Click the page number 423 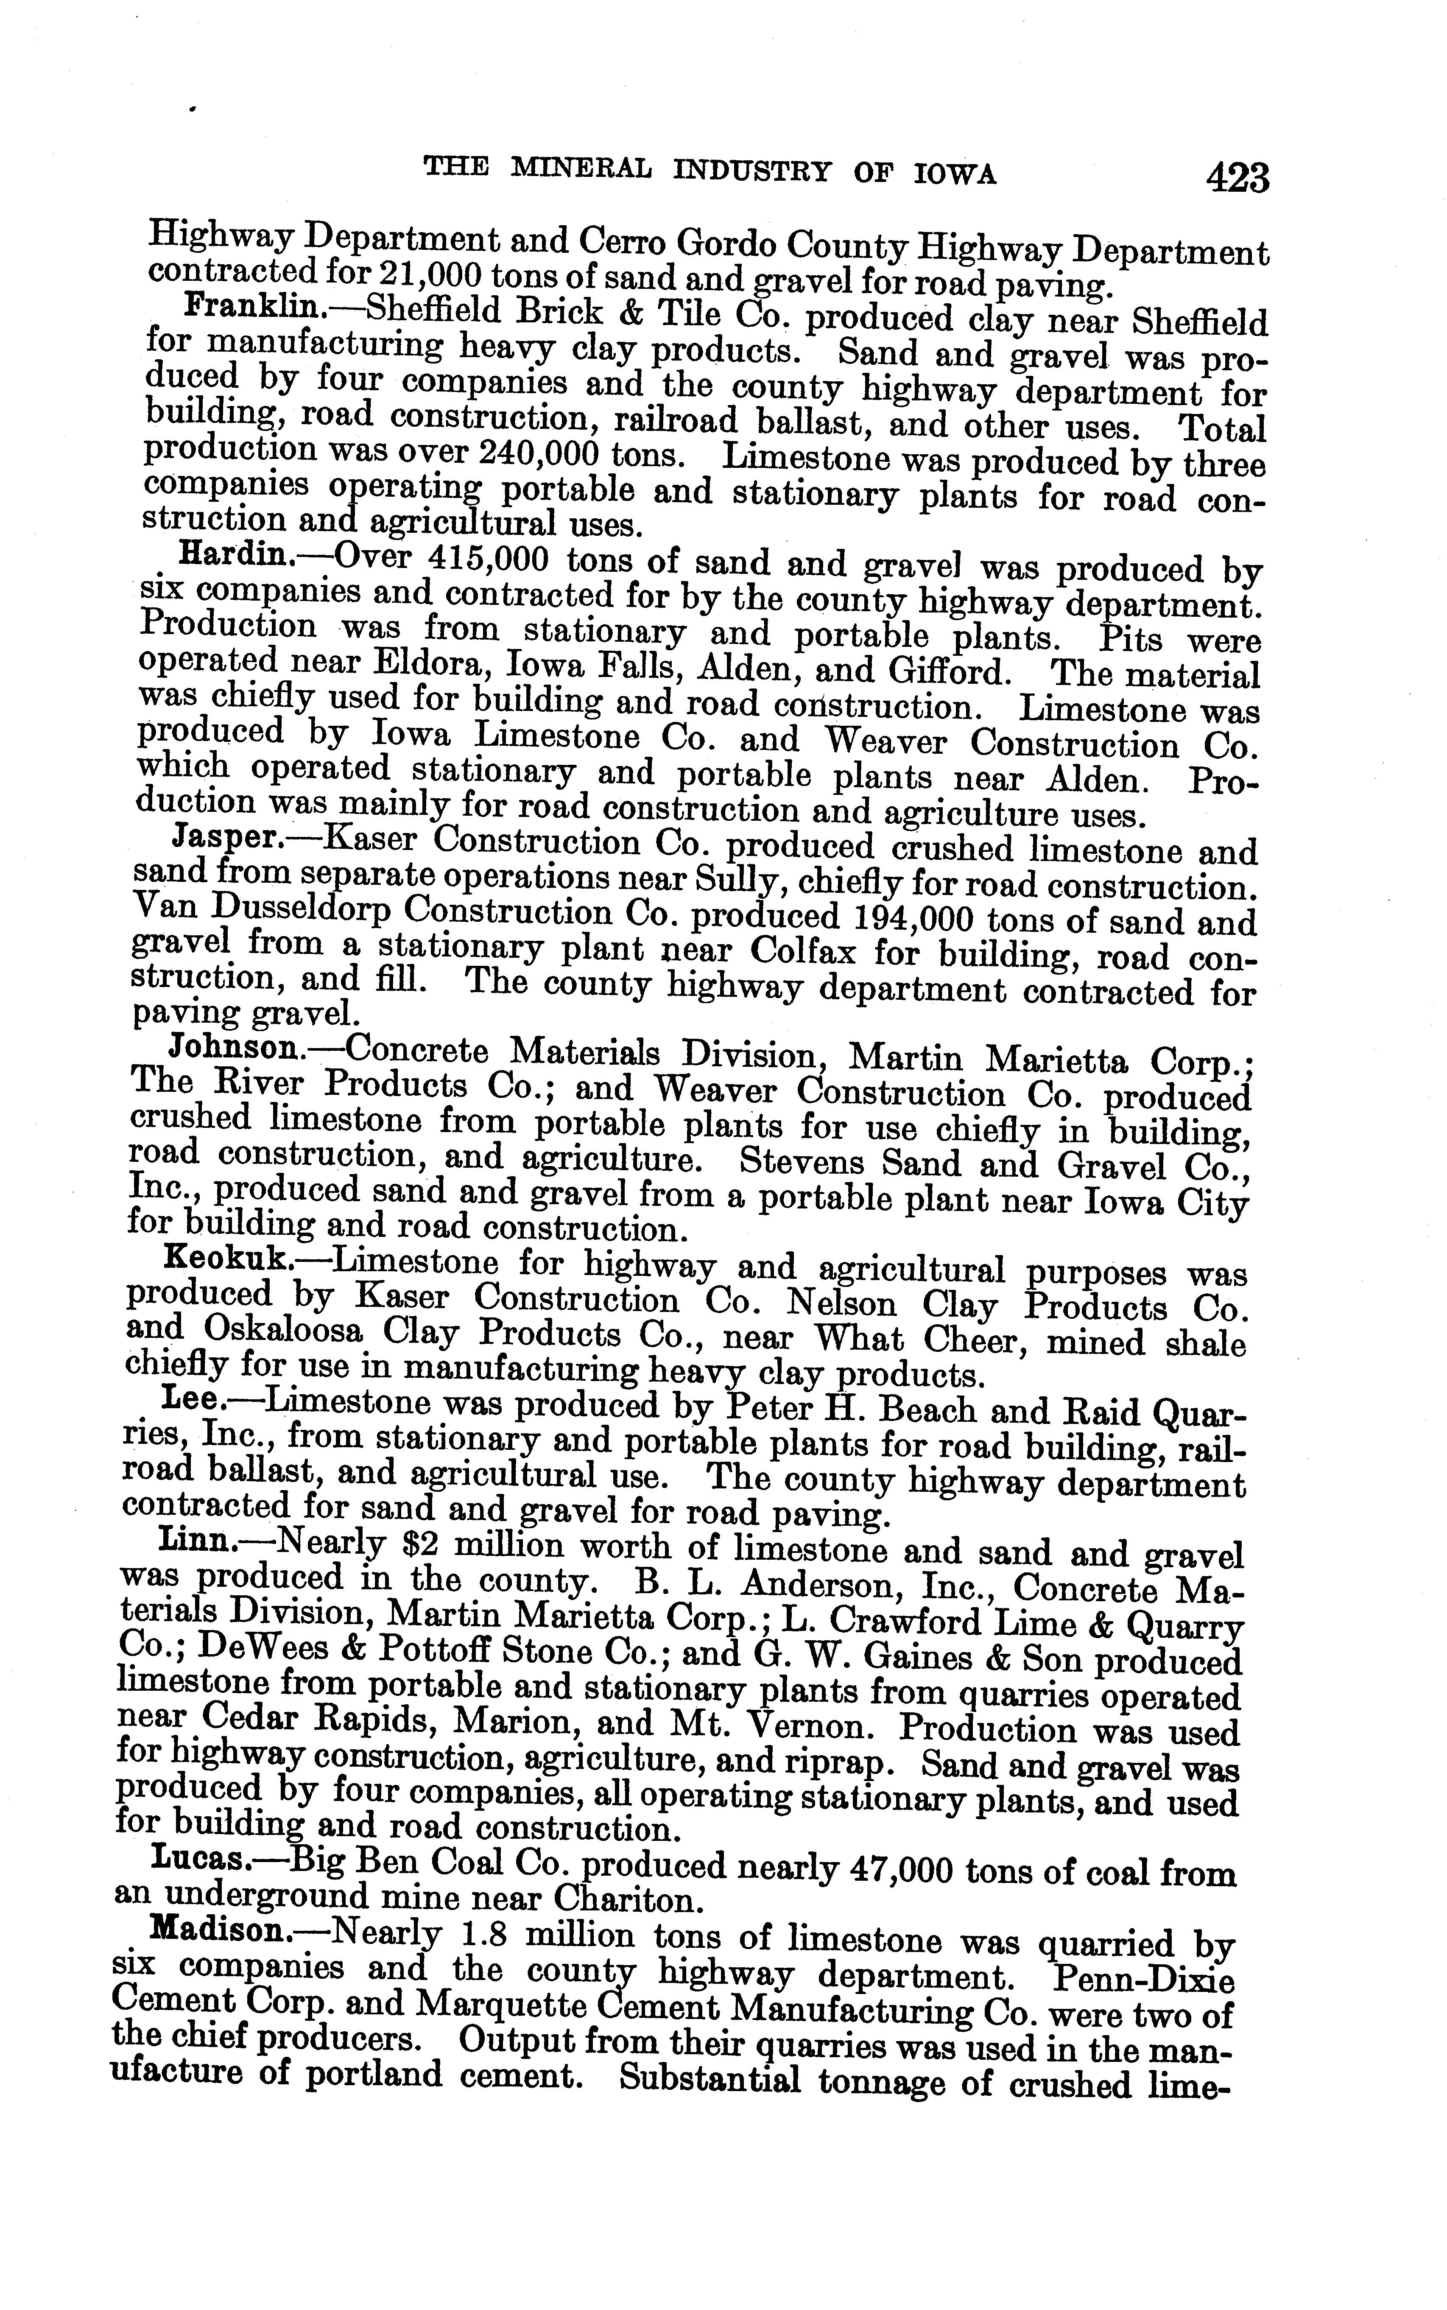pyautogui.click(x=1237, y=178)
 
